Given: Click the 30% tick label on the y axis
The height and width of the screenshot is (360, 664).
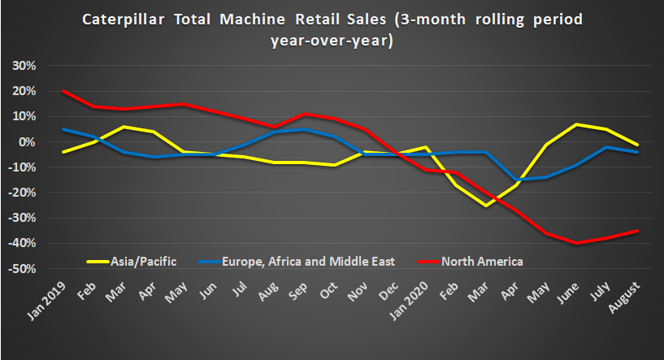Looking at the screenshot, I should pyautogui.click(x=22, y=66).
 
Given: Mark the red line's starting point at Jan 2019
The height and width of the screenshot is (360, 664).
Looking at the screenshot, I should pyautogui.click(x=63, y=91).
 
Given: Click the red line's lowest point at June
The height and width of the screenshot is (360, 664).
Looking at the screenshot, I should pyautogui.click(x=577, y=243).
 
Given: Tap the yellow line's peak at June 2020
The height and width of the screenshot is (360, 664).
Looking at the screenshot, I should pyautogui.click(x=577, y=124).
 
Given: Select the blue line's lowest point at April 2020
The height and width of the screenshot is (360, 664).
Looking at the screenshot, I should pyautogui.click(x=516, y=180).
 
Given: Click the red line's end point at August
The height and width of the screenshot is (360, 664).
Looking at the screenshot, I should pyautogui.click(x=636, y=231).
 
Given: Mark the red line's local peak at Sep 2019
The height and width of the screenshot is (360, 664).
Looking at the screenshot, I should pyautogui.click(x=305, y=114).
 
